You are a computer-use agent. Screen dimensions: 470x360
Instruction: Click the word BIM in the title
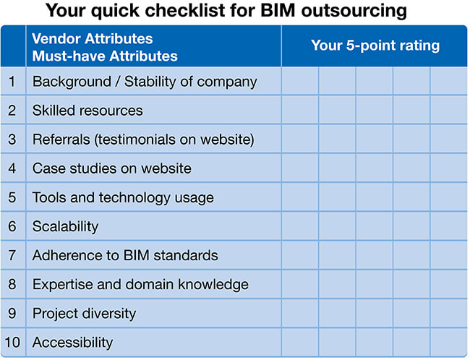[x=278, y=10]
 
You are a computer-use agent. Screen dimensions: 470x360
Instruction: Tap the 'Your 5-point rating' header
[x=375, y=46]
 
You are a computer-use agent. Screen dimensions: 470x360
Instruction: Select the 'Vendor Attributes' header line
[x=93, y=38]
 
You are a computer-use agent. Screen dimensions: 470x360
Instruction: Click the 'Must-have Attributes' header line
[x=105, y=56]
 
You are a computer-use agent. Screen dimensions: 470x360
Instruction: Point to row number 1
[x=12, y=82]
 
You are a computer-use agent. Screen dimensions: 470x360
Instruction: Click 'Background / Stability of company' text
[x=145, y=82]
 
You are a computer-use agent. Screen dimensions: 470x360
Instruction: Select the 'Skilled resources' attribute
[x=87, y=111]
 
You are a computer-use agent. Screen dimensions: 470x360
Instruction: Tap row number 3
[x=12, y=140]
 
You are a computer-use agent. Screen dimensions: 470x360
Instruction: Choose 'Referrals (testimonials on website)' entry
[x=143, y=140]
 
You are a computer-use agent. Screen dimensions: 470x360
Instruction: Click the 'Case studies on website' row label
[x=112, y=168]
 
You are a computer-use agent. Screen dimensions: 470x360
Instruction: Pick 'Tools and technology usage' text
[x=123, y=198]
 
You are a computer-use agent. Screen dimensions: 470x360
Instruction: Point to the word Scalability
[x=65, y=226]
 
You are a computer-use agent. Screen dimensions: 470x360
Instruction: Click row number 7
[x=12, y=255]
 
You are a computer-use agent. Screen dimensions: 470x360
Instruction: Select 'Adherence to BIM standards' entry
[x=125, y=255]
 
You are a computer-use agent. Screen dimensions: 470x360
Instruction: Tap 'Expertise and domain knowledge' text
[x=140, y=285]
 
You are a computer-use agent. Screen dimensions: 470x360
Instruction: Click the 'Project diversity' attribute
[x=84, y=314]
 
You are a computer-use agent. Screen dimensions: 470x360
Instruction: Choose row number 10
[x=12, y=343]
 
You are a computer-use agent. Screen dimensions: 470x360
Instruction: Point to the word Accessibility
[x=73, y=343]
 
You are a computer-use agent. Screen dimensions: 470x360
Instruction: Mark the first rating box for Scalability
[x=300, y=226]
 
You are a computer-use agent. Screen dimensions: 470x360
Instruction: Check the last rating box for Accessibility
[x=448, y=342]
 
